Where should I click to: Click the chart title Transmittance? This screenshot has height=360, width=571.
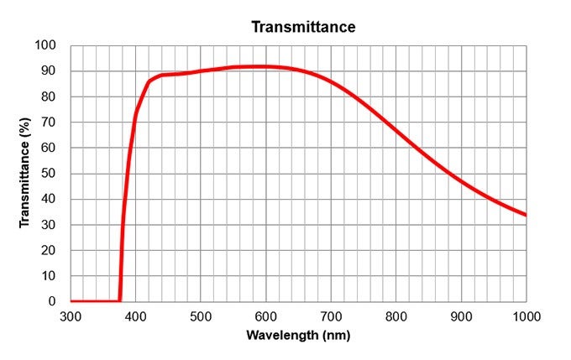304,27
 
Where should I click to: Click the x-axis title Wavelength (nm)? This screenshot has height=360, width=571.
298,335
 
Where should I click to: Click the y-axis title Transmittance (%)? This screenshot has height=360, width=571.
24,173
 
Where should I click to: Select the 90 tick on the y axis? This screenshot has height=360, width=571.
49,71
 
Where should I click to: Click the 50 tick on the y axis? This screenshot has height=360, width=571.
49,174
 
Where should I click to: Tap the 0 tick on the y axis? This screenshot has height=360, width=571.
52,301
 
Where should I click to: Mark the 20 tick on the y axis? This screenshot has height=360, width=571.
49,250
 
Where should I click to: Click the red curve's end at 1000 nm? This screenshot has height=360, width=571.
526,215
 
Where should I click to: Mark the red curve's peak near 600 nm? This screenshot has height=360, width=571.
266,66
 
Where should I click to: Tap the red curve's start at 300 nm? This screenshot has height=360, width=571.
71,300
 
